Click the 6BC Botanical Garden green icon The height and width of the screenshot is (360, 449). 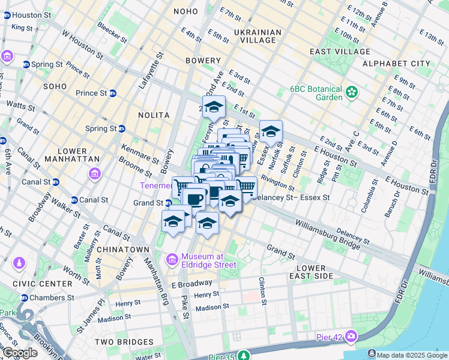351,93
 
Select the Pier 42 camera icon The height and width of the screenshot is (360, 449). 350,336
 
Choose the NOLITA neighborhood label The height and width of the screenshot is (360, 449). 152,115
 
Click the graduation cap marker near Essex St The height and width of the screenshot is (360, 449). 271,131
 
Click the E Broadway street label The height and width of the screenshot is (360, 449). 191,283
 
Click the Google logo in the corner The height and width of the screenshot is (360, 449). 19,353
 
